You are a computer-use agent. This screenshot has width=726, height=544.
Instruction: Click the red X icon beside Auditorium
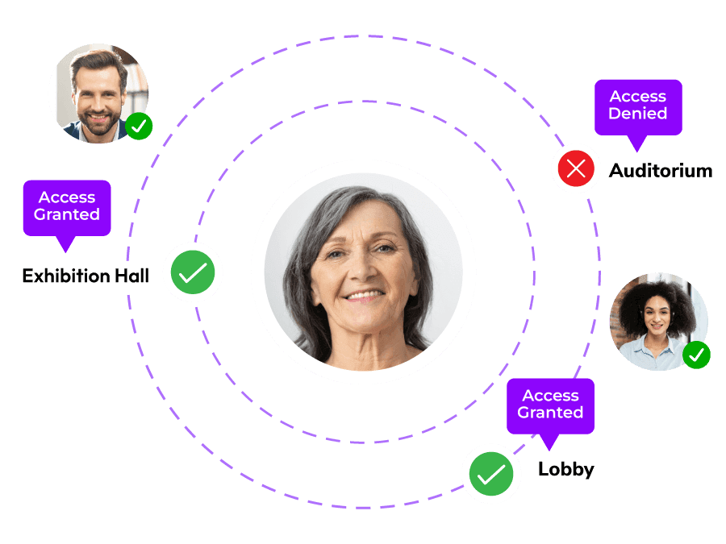click(x=576, y=168)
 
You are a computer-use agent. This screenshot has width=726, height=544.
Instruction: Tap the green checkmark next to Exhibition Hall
click(x=193, y=274)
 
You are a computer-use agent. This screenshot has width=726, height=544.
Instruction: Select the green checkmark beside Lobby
click(x=491, y=474)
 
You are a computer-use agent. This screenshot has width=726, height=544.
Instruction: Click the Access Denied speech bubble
click(x=638, y=106)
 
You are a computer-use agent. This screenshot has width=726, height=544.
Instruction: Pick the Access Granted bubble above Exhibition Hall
click(x=67, y=207)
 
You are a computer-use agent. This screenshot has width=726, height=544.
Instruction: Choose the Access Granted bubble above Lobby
click(x=550, y=405)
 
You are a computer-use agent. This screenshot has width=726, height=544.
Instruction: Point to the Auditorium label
click(x=661, y=171)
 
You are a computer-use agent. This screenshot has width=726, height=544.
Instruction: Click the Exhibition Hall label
click(x=86, y=276)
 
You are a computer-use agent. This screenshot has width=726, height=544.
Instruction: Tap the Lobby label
click(x=565, y=470)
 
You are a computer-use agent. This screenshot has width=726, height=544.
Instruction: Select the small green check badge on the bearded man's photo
click(x=139, y=126)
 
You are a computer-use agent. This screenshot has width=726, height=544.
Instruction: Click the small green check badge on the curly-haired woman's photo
click(x=696, y=355)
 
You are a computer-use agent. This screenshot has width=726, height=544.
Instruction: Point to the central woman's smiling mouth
click(x=365, y=297)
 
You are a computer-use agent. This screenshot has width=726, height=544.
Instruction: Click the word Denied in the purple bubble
click(x=638, y=114)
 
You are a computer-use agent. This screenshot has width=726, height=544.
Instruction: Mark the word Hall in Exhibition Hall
click(x=131, y=276)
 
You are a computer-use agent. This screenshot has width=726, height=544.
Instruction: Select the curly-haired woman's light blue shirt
click(x=653, y=355)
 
